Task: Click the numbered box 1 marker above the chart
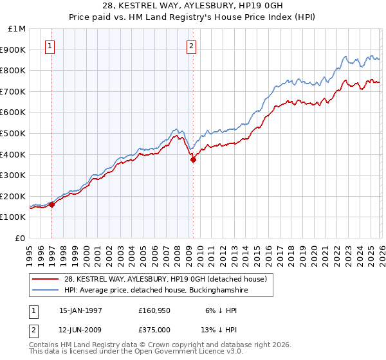(51, 46)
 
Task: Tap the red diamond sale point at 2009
(193, 160)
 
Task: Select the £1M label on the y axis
(17, 28)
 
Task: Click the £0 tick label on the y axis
(21, 238)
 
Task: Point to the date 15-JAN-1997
(80, 310)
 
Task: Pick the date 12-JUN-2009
(80, 329)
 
